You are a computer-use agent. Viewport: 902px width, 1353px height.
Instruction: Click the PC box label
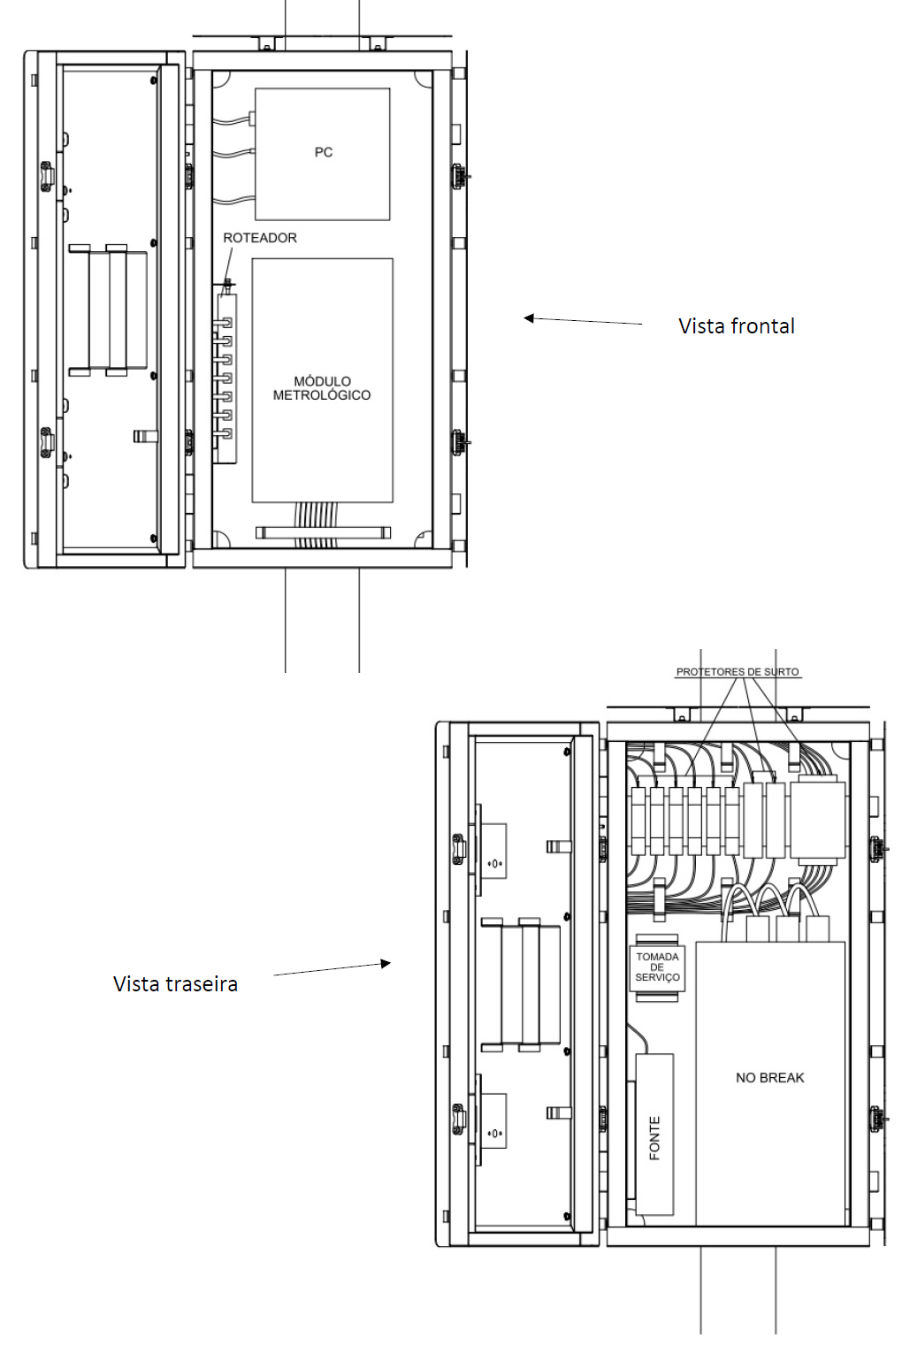pyautogui.click(x=324, y=152)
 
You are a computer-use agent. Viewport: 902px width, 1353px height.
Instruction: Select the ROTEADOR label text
pyautogui.click(x=260, y=238)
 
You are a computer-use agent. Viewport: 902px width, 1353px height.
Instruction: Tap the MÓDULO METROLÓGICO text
pyautogui.click(x=322, y=388)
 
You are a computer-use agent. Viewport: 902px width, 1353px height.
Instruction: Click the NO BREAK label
pyautogui.click(x=769, y=1078)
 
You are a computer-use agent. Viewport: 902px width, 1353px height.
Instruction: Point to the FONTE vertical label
pyautogui.click(x=654, y=1138)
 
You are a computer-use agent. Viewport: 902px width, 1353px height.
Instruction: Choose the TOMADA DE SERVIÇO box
pyautogui.click(x=657, y=967)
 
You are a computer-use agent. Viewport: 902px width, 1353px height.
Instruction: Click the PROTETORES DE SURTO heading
pyautogui.click(x=737, y=672)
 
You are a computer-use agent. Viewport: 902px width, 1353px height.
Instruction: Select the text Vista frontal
pyautogui.click(x=737, y=326)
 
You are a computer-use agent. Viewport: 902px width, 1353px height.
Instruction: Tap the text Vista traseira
pyautogui.click(x=175, y=984)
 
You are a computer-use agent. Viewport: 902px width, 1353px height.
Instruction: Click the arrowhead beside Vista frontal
pyautogui.click(x=528, y=317)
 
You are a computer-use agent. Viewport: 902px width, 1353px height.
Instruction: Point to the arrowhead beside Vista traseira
pyautogui.click(x=386, y=963)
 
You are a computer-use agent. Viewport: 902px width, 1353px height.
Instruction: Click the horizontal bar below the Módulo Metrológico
pyautogui.click(x=323, y=532)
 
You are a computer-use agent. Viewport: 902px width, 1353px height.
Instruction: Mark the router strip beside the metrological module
pyautogui.click(x=227, y=378)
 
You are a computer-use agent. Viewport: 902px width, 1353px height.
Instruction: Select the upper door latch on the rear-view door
pyautogui.click(x=458, y=845)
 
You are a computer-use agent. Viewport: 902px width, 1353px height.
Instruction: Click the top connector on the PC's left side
pyautogui.click(x=252, y=116)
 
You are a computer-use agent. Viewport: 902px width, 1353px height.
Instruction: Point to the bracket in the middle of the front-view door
pyautogui.click(x=108, y=310)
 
